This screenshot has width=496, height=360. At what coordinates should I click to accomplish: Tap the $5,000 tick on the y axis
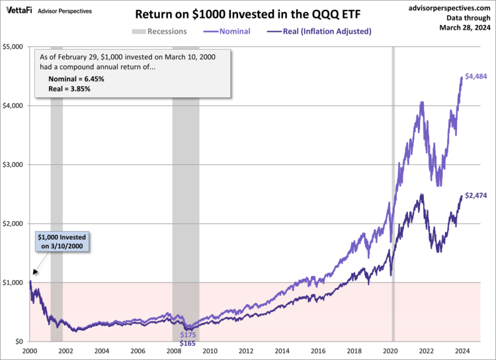(x=14, y=47)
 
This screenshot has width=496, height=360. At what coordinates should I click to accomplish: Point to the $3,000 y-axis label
(x=14, y=165)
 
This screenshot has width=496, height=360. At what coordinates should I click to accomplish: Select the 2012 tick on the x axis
(x=246, y=351)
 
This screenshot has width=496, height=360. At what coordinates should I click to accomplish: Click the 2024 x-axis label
(x=462, y=351)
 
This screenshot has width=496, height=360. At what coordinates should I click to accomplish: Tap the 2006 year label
(x=138, y=351)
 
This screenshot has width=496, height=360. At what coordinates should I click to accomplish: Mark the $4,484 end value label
(x=476, y=77)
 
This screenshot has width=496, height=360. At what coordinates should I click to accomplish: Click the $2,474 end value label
(x=476, y=195)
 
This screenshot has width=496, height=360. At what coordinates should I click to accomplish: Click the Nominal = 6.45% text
(x=76, y=79)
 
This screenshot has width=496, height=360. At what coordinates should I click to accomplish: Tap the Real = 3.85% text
(x=69, y=88)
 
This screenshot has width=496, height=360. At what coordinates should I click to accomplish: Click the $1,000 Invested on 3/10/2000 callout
(x=60, y=242)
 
